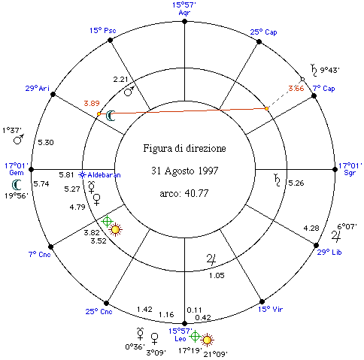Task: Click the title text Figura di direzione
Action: coord(184,148)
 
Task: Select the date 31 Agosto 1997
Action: coord(185,171)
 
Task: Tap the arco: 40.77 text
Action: coord(184,193)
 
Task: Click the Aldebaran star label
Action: coord(104,175)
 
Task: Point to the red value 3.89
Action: coord(92,103)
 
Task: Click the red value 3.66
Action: coord(296,88)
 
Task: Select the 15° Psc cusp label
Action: coord(103,31)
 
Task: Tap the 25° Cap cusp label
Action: coord(263,32)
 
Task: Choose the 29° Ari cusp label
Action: coord(38,89)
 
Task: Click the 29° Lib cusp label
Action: coord(329,252)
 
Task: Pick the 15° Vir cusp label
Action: coord(270,309)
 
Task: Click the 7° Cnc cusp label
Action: coord(40,255)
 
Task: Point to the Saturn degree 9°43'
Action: coord(330,70)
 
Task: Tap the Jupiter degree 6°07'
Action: coord(347,226)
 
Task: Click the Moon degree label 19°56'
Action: coord(17,195)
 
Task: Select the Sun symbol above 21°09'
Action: coord(207,340)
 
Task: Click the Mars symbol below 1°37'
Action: coord(19,139)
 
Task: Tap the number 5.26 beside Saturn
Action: coord(296,183)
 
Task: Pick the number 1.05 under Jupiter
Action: coord(217,276)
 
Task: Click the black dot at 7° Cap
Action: coord(314,95)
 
